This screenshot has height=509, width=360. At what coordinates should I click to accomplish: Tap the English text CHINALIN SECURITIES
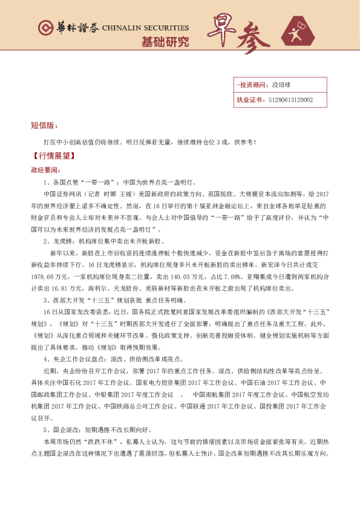[145, 28]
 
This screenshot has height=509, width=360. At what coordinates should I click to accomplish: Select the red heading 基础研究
[165, 42]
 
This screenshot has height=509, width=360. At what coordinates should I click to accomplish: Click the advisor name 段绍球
[281, 86]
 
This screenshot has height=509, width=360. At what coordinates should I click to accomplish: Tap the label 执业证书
[248, 100]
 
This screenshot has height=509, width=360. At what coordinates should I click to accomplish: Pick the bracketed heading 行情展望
[53, 155]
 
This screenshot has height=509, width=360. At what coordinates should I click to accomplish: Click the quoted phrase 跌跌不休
[95, 442]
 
